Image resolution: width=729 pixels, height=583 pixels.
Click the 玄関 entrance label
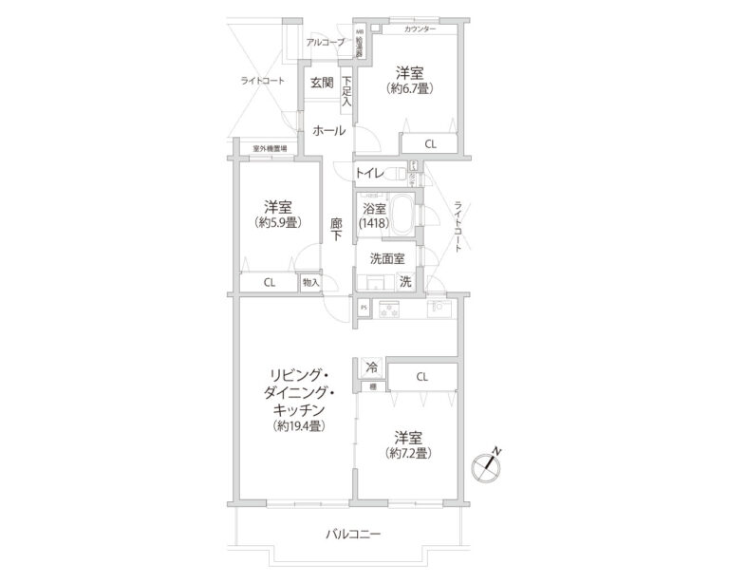tap(320, 83)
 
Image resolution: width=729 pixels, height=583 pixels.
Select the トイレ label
tap(368, 173)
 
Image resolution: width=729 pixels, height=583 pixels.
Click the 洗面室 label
tap(387, 257)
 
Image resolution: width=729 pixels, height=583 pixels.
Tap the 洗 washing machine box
tap(405, 281)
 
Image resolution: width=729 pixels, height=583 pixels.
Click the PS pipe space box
tap(363, 308)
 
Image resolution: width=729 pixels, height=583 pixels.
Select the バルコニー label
tap(353, 536)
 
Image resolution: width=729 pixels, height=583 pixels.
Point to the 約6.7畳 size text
tap(411, 89)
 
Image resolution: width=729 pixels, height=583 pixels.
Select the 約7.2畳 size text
tap(410, 454)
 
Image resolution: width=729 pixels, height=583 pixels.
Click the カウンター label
tap(421, 29)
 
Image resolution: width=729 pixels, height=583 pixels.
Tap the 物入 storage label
tap(310, 282)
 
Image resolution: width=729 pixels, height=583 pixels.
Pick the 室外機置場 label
tap(271, 149)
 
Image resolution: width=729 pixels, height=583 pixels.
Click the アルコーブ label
tap(325, 43)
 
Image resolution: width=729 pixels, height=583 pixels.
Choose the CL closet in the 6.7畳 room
tap(430, 144)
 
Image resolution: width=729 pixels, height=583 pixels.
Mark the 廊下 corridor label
tap(336, 232)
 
